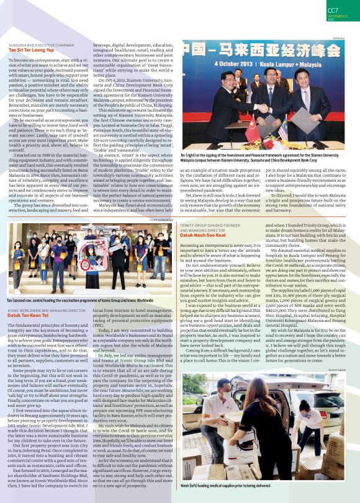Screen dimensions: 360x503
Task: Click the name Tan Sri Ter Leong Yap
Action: pos(30,50)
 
